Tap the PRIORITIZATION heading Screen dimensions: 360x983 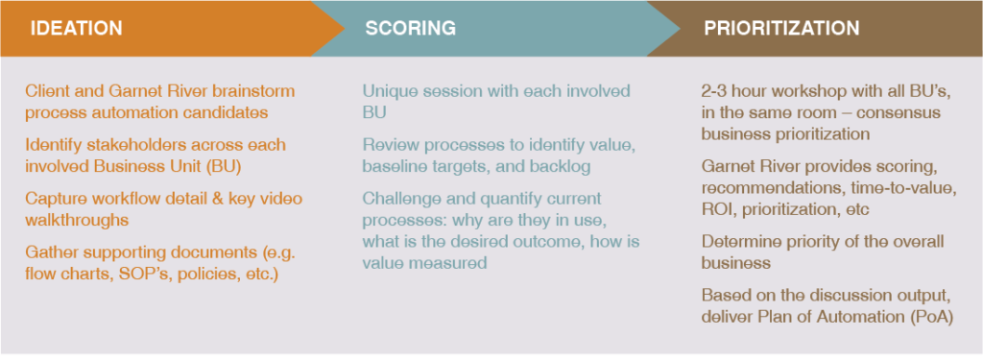[781, 28]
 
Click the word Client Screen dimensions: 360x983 [48, 92]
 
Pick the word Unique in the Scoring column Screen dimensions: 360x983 [389, 92]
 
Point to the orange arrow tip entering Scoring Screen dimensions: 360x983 [336, 28]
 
